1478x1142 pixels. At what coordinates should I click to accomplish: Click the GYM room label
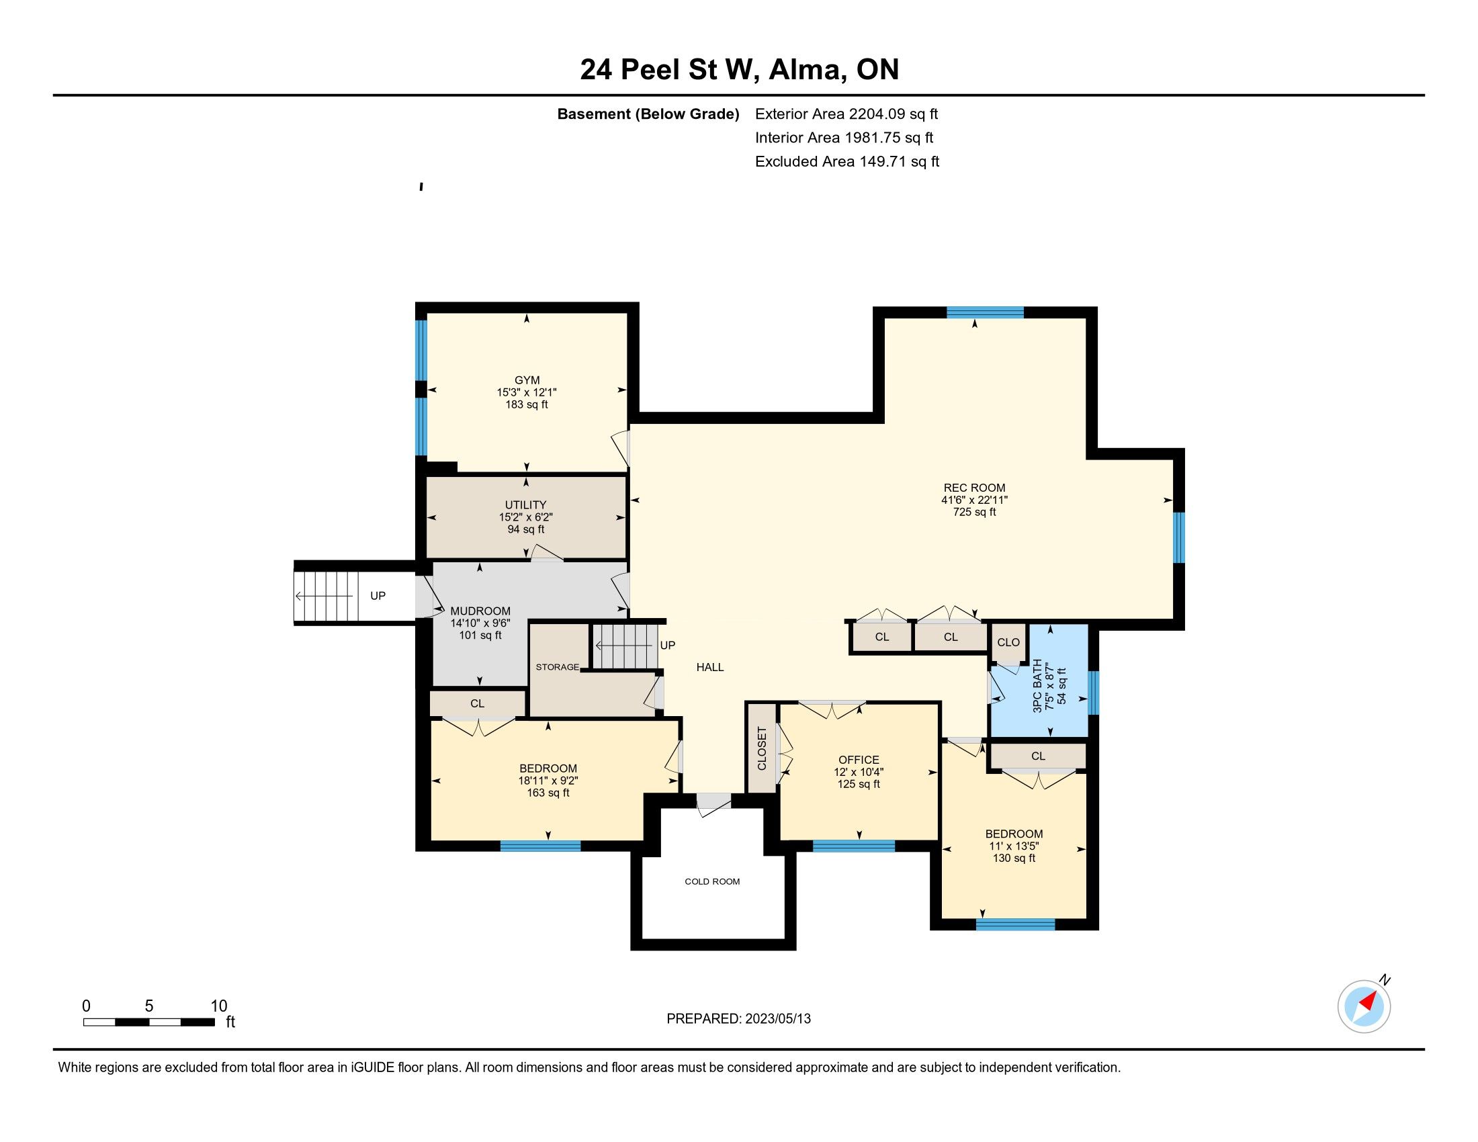point(527,380)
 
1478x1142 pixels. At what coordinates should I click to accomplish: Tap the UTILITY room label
point(525,504)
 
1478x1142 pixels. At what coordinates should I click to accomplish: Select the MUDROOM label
point(480,611)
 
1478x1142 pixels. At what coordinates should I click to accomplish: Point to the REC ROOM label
point(974,488)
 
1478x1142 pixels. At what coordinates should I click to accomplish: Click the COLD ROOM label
point(712,881)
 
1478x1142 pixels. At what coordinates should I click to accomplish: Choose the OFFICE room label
point(859,760)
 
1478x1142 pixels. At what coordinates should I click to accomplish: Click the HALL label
point(710,667)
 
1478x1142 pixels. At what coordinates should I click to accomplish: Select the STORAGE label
point(557,667)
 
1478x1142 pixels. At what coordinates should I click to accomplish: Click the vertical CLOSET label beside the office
point(762,748)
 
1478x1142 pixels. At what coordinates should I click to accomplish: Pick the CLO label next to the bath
point(1008,642)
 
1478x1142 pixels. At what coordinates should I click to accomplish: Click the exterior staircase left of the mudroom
point(326,596)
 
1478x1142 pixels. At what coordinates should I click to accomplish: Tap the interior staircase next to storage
point(626,646)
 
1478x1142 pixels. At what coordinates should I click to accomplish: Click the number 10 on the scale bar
point(218,1006)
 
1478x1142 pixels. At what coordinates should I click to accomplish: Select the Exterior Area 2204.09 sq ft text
point(846,114)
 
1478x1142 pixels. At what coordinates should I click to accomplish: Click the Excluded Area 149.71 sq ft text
point(847,162)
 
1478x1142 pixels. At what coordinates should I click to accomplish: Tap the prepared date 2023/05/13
point(777,1019)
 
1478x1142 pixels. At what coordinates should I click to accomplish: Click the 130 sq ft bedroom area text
point(1014,858)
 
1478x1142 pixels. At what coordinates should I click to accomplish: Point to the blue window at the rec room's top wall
point(985,312)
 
